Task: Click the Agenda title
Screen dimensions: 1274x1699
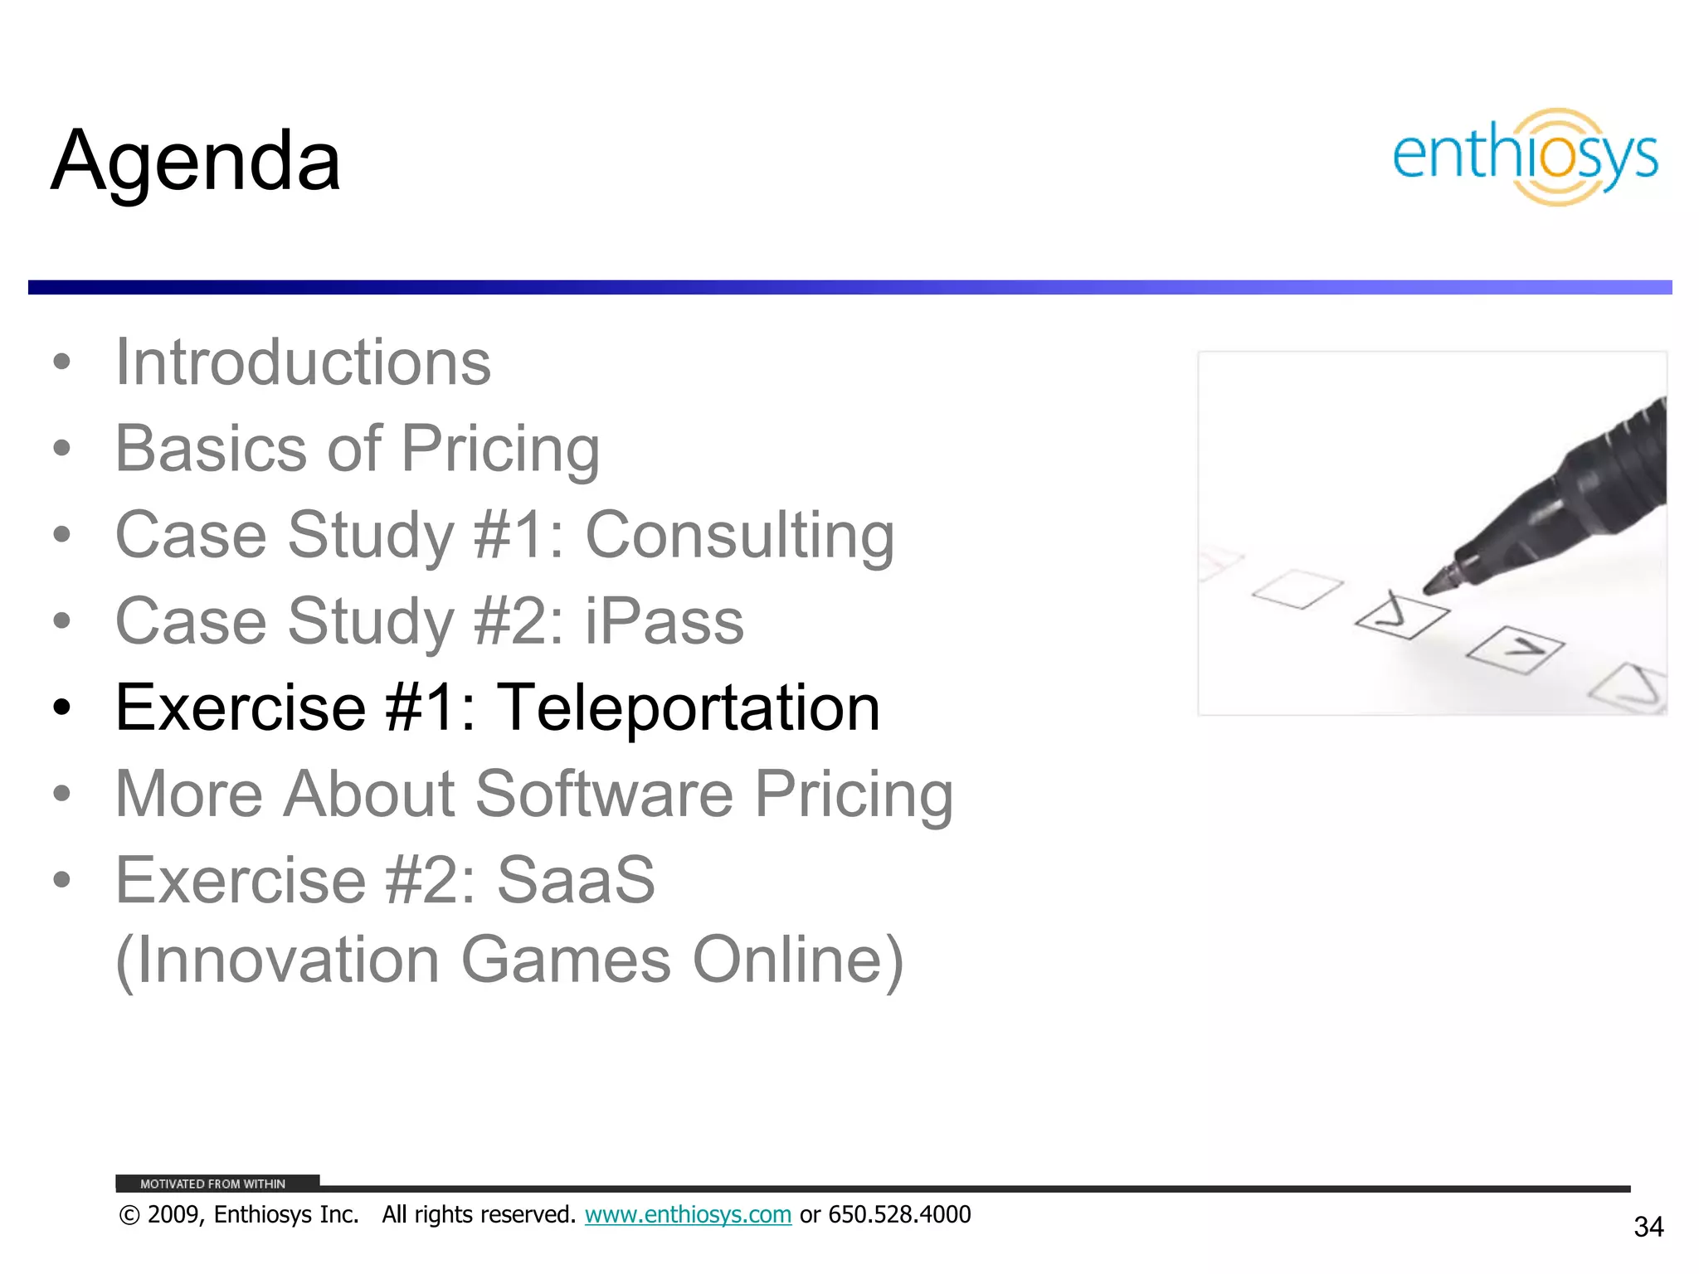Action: [x=196, y=161]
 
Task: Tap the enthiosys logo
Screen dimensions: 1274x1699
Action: [x=1525, y=157]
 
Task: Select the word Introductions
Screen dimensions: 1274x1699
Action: [x=303, y=362]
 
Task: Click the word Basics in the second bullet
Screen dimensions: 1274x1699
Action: [x=211, y=449]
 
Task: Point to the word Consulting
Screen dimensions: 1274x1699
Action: [x=739, y=535]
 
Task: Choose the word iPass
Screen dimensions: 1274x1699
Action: [x=664, y=621]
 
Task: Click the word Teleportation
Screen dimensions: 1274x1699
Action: [x=688, y=708]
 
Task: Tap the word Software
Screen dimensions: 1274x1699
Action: [x=604, y=794]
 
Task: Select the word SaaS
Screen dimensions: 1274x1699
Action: [x=576, y=880]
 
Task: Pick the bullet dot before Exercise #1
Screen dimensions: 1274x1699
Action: [x=61, y=708]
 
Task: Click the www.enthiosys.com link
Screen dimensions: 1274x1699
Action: [x=688, y=1214]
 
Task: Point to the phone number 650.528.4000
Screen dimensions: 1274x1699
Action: [x=899, y=1214]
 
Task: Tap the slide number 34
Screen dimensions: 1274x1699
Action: [x=1648, y=1227]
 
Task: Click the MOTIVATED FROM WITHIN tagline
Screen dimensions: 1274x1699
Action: [x=212, y=1184]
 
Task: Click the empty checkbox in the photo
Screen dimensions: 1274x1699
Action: [x=1297, y=589]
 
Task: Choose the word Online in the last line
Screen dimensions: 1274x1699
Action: [x=797, y=960]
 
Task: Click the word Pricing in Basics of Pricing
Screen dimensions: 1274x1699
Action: [x=500, y=449]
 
